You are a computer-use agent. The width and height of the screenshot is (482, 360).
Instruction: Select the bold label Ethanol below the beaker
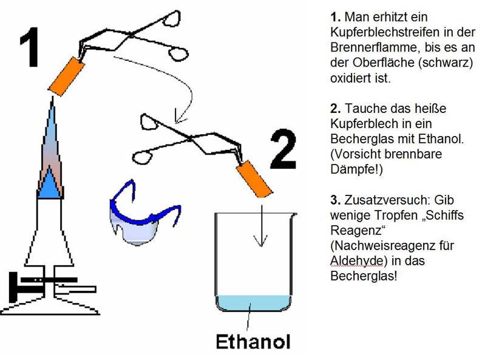click(x=253, y=341)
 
